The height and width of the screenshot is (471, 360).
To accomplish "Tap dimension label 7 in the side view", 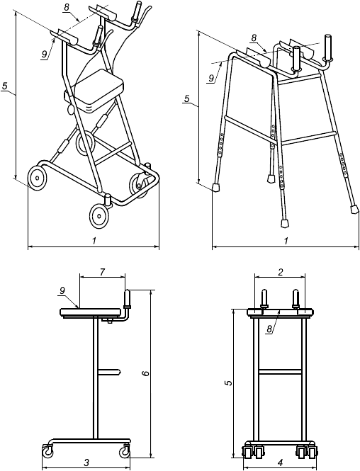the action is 102,273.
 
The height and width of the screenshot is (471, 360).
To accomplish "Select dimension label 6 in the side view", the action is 145,373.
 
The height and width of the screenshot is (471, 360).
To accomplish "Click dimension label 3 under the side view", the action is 86,463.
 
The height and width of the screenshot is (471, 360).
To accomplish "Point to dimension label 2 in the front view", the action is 280,273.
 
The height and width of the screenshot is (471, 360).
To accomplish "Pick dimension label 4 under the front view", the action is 280,463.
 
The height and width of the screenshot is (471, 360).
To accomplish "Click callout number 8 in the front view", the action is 270,329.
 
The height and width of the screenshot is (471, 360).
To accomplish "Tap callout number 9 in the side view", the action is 62,290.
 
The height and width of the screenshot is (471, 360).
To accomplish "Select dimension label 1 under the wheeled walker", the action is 94,241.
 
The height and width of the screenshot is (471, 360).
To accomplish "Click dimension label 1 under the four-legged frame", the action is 286,241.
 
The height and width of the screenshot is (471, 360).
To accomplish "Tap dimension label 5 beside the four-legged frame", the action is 187,98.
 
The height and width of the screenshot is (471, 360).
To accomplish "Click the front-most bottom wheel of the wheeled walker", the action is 99,215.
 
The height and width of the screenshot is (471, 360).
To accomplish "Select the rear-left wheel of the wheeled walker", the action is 37,178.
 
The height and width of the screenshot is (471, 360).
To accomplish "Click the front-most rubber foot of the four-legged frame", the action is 284,223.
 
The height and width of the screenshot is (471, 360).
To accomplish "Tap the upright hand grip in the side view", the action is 128,299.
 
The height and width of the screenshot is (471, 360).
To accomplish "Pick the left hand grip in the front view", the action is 264,299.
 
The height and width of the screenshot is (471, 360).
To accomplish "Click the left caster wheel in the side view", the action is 47,451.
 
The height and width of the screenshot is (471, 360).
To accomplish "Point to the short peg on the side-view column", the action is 109,372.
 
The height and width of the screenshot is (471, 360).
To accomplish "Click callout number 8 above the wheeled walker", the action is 66,8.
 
